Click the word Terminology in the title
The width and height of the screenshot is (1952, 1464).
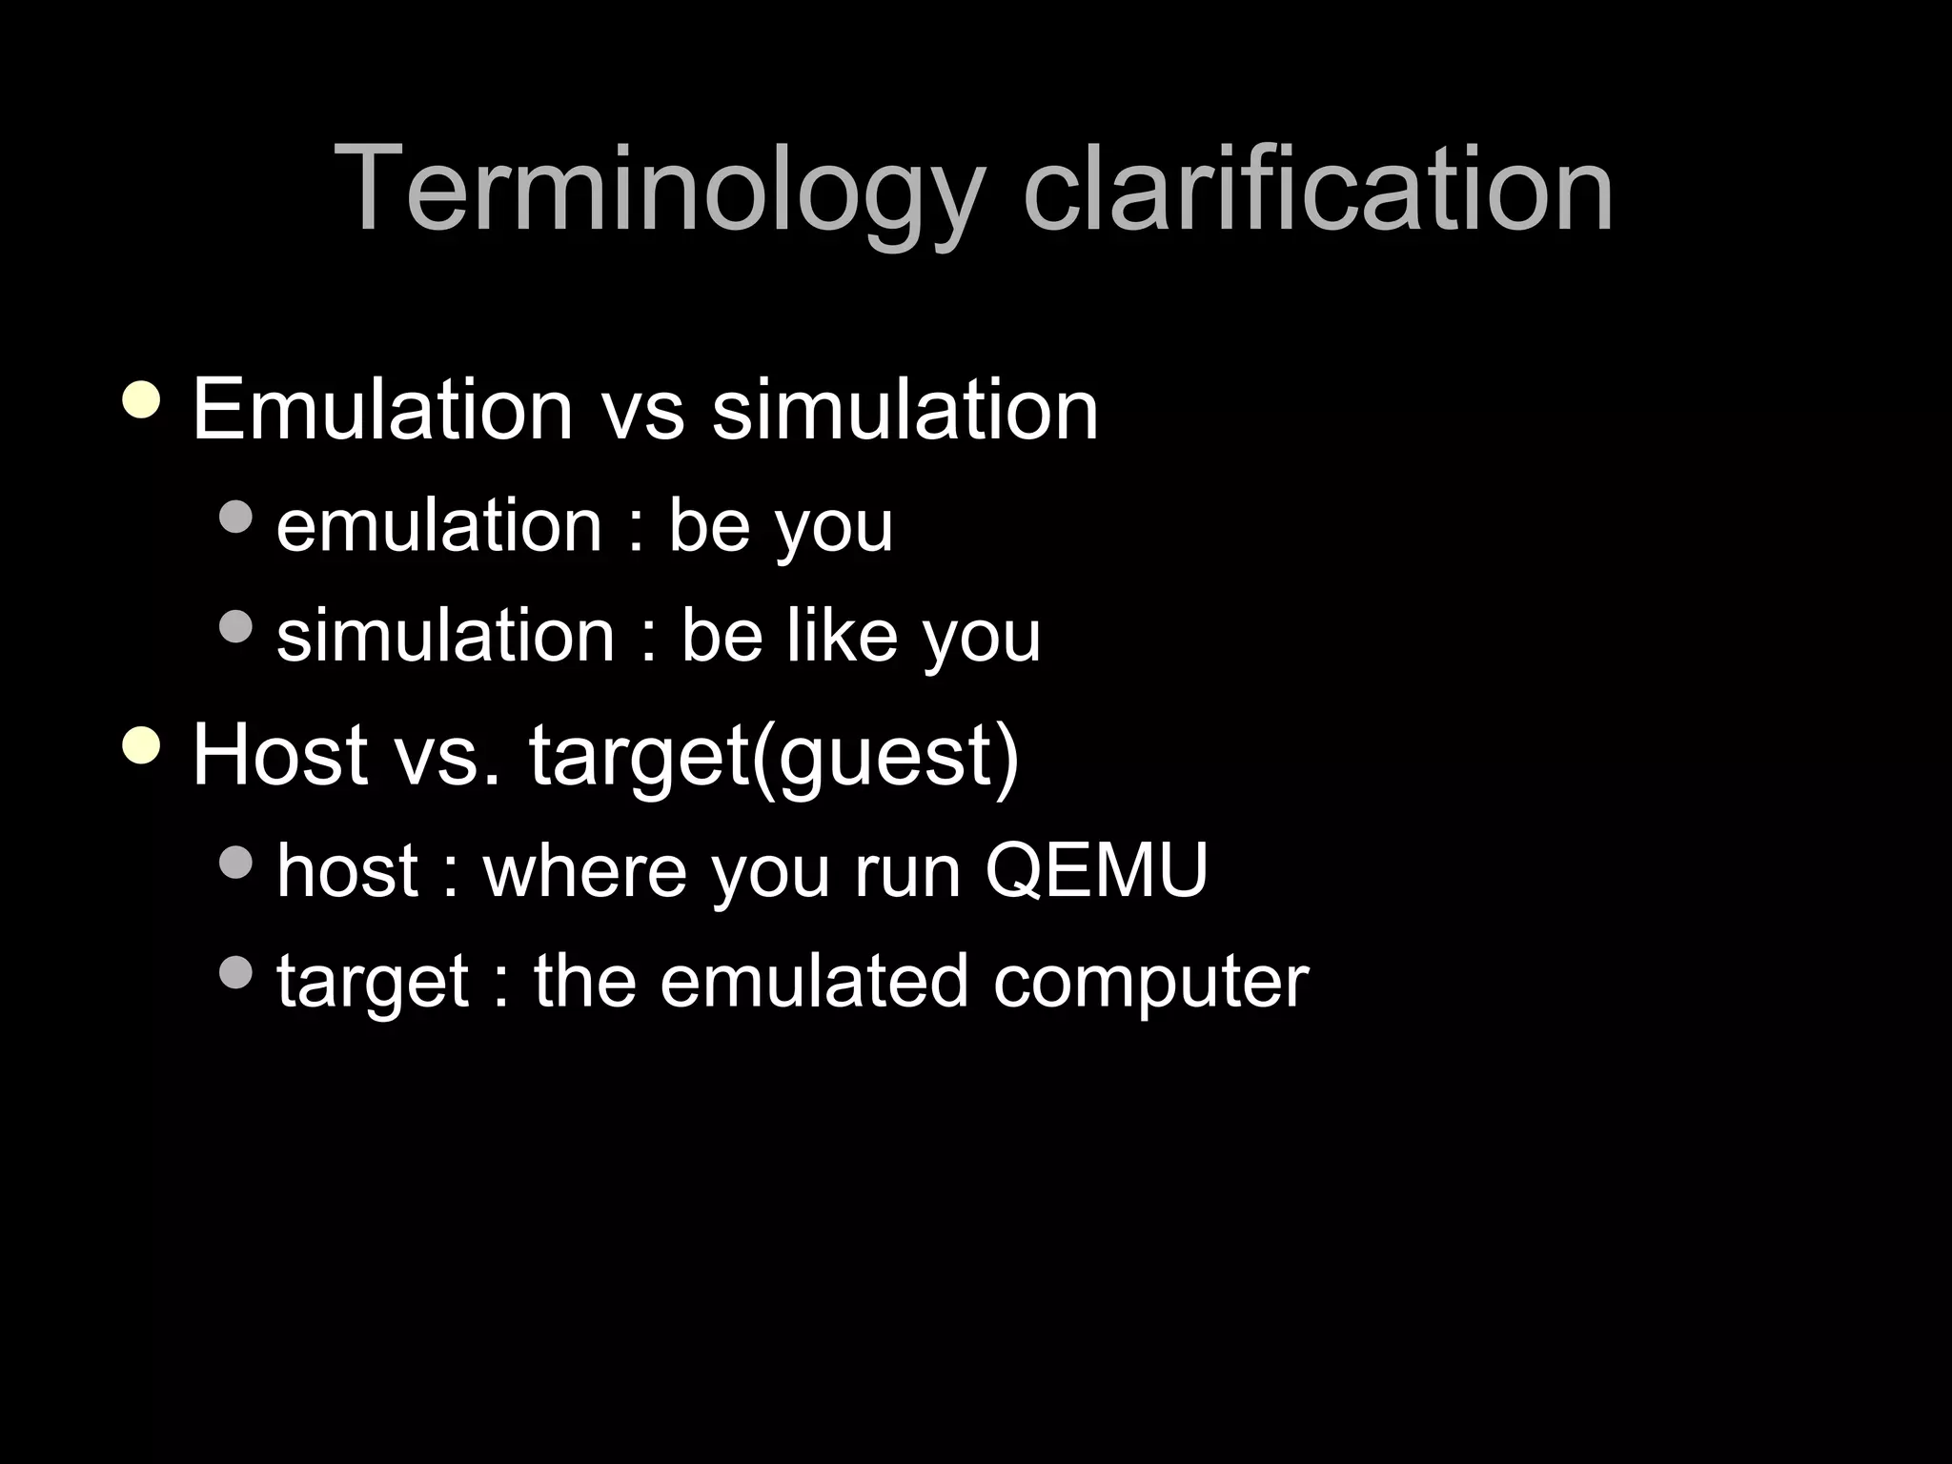659,190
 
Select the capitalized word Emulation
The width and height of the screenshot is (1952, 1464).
382,410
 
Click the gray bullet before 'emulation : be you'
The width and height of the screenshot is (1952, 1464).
235,517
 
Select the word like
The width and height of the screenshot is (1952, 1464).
842,636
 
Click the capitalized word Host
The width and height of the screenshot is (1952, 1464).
280,755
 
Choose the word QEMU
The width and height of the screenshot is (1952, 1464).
1096,870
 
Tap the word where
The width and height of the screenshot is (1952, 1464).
584,870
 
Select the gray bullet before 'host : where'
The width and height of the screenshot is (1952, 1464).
235,863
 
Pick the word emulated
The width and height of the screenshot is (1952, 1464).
815,981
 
